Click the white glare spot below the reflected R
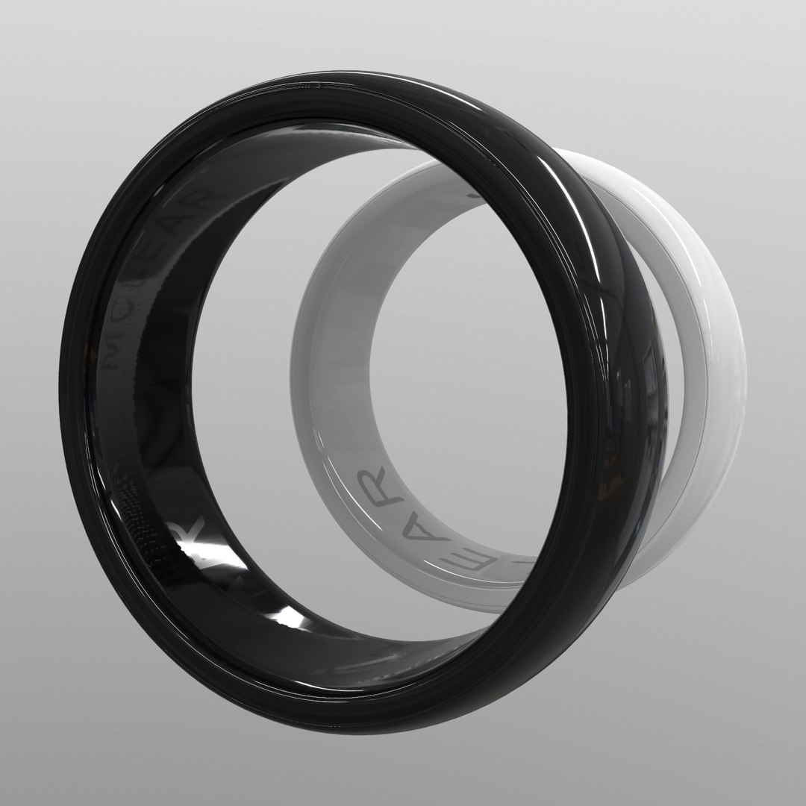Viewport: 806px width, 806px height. [287, 616]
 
